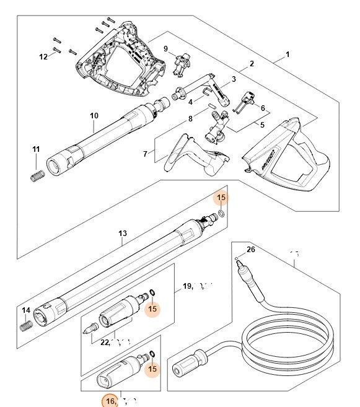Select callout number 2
click(252, 64)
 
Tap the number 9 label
click(165, 49)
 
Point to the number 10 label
click(94, 116)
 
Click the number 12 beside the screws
click(43, 57)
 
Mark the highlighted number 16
click(110, 401)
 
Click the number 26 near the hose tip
click(250, 250)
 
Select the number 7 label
click(145, 154)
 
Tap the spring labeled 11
click(37, 175)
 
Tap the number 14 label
click(26, 310)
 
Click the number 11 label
click(36, 149)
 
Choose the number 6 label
click(263, 108)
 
